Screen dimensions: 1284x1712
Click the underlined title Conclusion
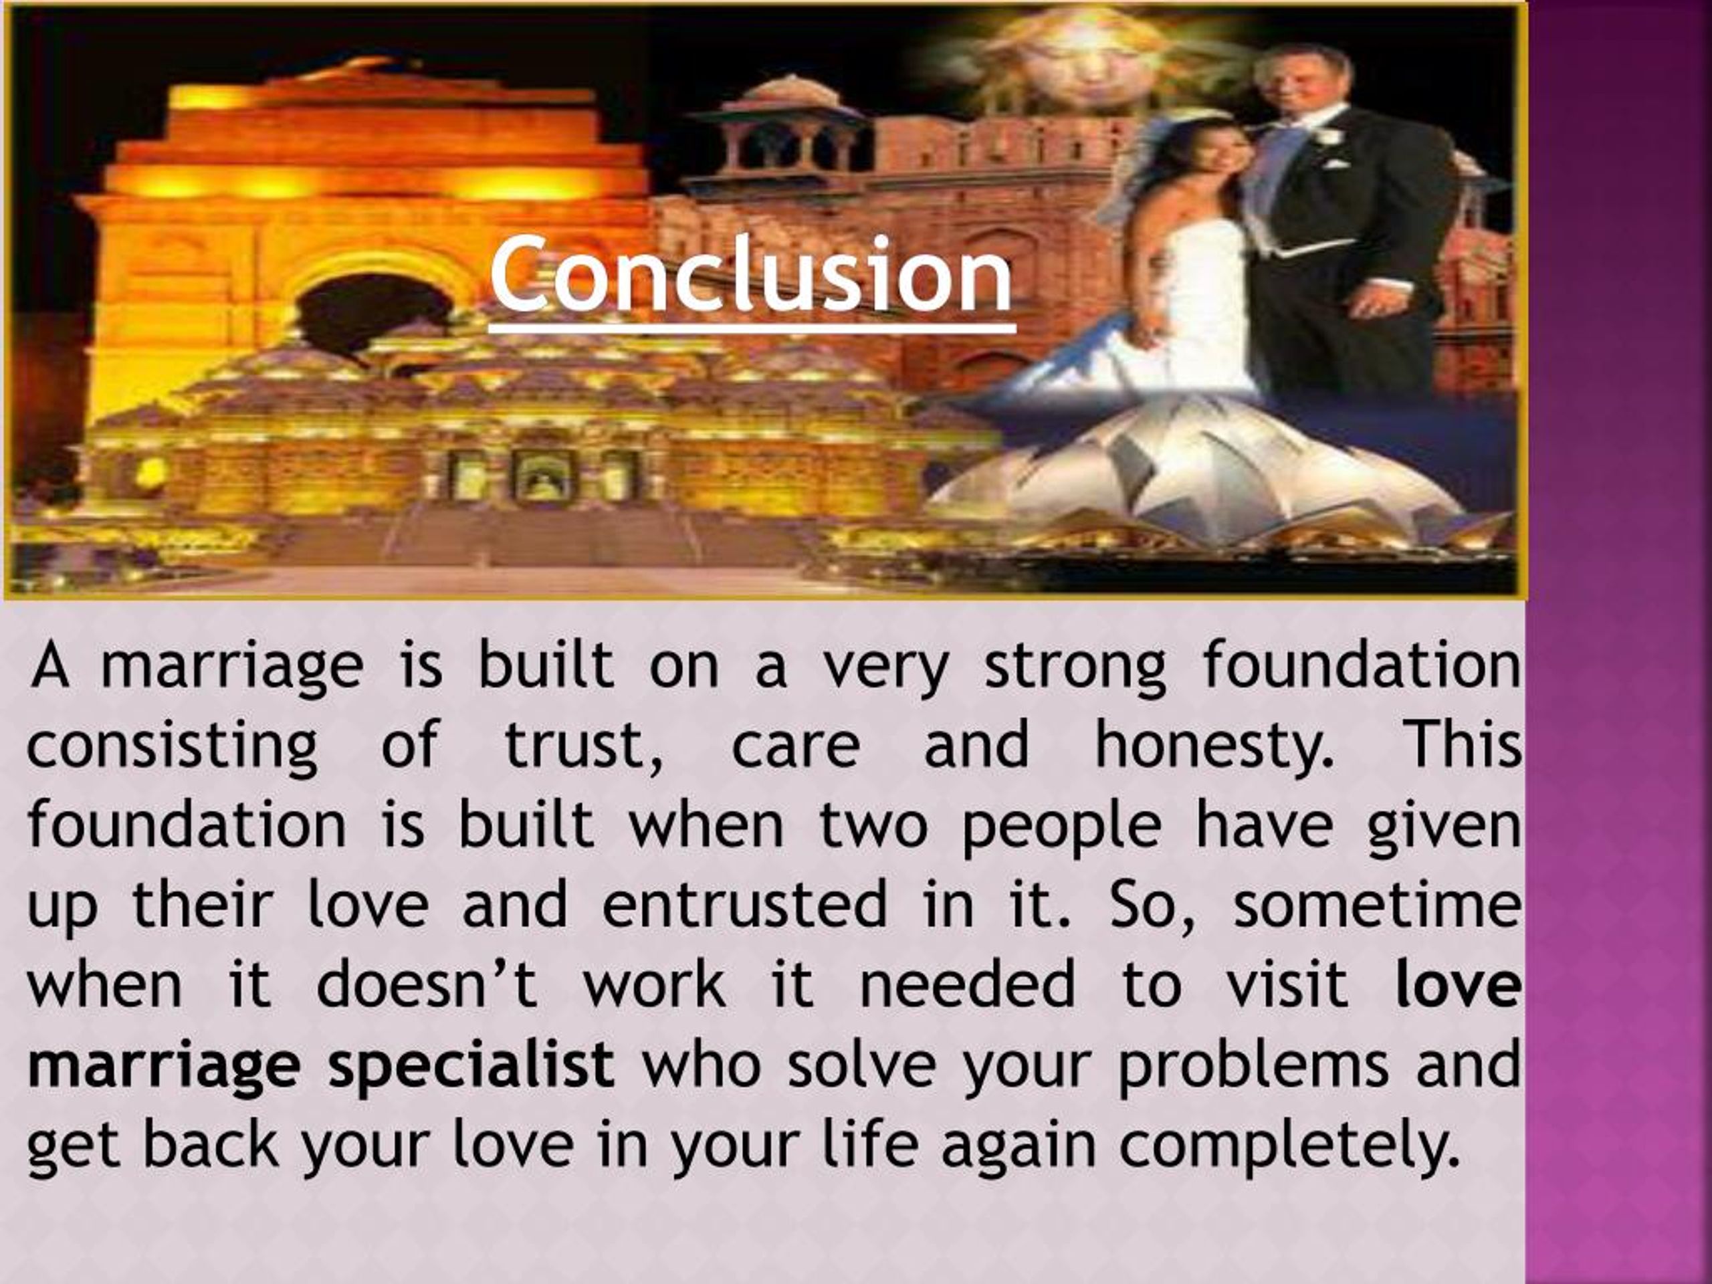click(751, 276)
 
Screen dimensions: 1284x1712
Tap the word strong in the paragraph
click(1074, 666)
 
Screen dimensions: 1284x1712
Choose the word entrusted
click(744, 905)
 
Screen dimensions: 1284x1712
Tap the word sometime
click(1377, 905)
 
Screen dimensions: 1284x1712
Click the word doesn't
click(427, 984)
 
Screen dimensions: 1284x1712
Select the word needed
click(968, 984)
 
